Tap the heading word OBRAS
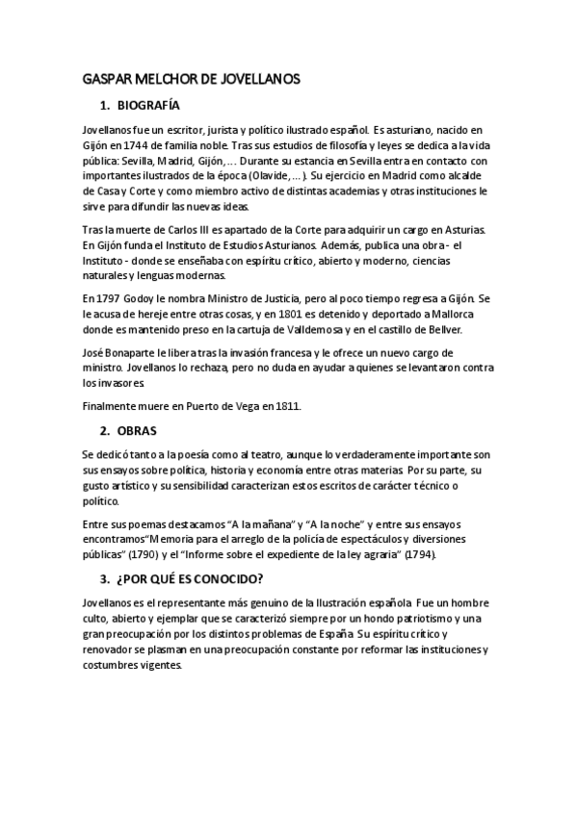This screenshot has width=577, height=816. click(x=138, y=430)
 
